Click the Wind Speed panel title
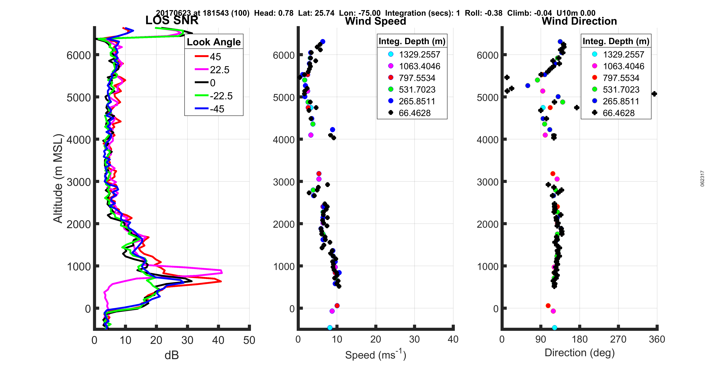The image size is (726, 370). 375,21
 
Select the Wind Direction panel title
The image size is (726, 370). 579,21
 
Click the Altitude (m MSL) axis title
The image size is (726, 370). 58,179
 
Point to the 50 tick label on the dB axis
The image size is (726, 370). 249,340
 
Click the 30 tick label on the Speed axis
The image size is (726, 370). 414,339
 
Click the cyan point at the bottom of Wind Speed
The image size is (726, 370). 330,327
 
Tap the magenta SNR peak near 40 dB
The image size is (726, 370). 221,272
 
